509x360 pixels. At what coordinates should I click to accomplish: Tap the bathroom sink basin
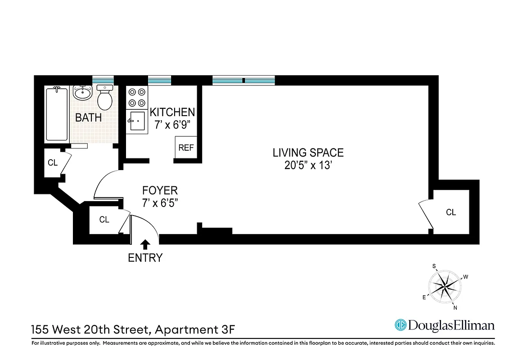click(x=82, y=94)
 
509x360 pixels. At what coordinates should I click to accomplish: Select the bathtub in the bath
click(x=57, y=114)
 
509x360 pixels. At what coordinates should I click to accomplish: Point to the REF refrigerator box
click(x=185, y=148)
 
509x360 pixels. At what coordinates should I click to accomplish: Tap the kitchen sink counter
click(x=137, y=121)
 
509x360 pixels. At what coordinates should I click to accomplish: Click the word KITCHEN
click(x=172, y=112)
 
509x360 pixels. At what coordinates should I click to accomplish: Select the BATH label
click(x=88, y=118)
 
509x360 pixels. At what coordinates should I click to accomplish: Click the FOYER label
click(x=160, y=190)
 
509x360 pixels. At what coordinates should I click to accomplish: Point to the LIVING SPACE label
click(x=308, y=153)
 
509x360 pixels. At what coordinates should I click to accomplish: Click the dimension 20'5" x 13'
click(x=308, y=166)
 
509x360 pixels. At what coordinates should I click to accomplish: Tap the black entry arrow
click(x=145, y=244)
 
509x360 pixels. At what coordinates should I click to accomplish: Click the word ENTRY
click(x=145, y=258)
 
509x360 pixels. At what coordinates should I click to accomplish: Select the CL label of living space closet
click(x=451, y=212)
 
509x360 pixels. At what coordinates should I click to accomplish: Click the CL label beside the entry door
click(x=104, y=220)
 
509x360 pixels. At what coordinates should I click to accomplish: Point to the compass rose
click(x=445, y=286)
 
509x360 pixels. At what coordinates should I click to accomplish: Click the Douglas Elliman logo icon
click(x=400, y=325)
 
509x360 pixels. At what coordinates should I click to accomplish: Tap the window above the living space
click(x=243, y=81)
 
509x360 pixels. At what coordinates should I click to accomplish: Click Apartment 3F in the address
click(x=195, y=330)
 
